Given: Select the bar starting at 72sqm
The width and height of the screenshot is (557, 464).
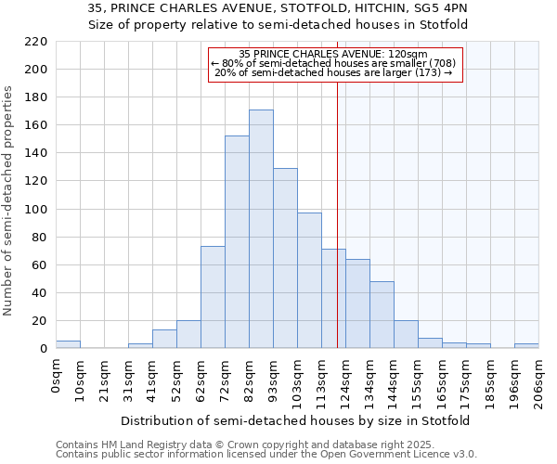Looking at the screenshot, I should pyautogui.click(x=237, y=242).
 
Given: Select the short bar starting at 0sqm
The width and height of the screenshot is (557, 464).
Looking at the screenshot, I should pyautogui.click(x=68, y=344).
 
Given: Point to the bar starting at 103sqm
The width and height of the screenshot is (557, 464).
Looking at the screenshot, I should pyautogui.click(x=309, y=280).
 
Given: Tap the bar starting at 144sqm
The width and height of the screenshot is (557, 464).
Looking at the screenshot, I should pyautogui.click(x=382, y=315).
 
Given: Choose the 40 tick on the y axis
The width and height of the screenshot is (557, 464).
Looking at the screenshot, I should pyautogui.click(x=39, y=293).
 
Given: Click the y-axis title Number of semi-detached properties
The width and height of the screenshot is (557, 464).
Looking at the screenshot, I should pyautogui.click(x=9, y=200).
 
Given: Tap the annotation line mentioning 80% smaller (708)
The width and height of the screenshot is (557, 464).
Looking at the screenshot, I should pyautogui.click(x=334, y=63).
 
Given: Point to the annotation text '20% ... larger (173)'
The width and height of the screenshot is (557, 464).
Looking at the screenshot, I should pyautogui.click(x=334, y=72).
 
